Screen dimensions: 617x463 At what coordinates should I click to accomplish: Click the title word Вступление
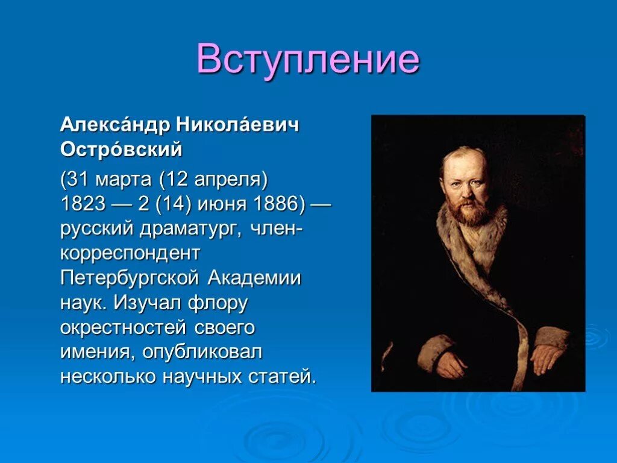[x=308, y=60]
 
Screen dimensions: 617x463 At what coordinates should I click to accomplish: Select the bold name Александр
[x=115, y=125]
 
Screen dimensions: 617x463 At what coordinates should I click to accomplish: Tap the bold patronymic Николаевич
[x=237, y=125]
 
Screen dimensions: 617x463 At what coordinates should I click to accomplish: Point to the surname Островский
[x=121, y=150]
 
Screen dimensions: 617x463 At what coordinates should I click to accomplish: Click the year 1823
[x=83, y=204]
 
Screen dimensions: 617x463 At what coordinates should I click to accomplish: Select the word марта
[x=124, y=180]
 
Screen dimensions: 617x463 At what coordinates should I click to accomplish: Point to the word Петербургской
[x=130, y=279]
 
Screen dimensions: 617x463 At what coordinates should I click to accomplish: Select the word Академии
[x=254, y=279]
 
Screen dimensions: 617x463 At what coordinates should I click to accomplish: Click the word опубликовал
[x=202, y=352]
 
